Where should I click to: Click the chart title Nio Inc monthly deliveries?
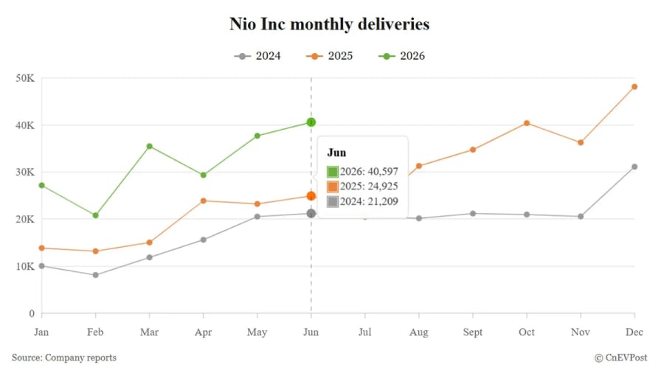pyautogui.click(x=330, y=24)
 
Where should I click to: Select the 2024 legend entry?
pyautogui.click(x=257, y=56)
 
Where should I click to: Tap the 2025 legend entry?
pyautogui.click(x=330, y=56)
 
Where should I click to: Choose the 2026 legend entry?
pyautogui.click(x=402, y=56)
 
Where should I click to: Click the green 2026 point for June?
pyautogui.click(x=311, y=122)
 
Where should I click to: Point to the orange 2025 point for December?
pyautogui.click(x=634, y=87)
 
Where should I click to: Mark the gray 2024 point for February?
pyautogui.click(x=96, y=275)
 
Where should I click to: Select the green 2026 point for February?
pyautogui.click(x=96, y=215)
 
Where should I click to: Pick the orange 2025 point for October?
pyautogui.click(x=527, y=123)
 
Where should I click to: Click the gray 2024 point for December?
pyautogui.click(x=634, y=167)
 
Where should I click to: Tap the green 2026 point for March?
pyautogui.click(x=150, y=146)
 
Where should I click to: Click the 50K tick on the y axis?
pyautogui.click(x=25, y=78)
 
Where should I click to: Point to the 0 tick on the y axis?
pyautogui.click(x=32, y=313)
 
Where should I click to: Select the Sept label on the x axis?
pyautogui.click(x=473, y=332)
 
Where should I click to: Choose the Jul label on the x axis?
pyautogui.click(x=365, y=332)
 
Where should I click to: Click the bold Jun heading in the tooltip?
pyautogui.click(x=336, y=153)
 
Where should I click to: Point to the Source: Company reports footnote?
pyautogui.click(x=64, y=358)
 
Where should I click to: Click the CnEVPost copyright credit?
pyautogui.click(x=620, y=358)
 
